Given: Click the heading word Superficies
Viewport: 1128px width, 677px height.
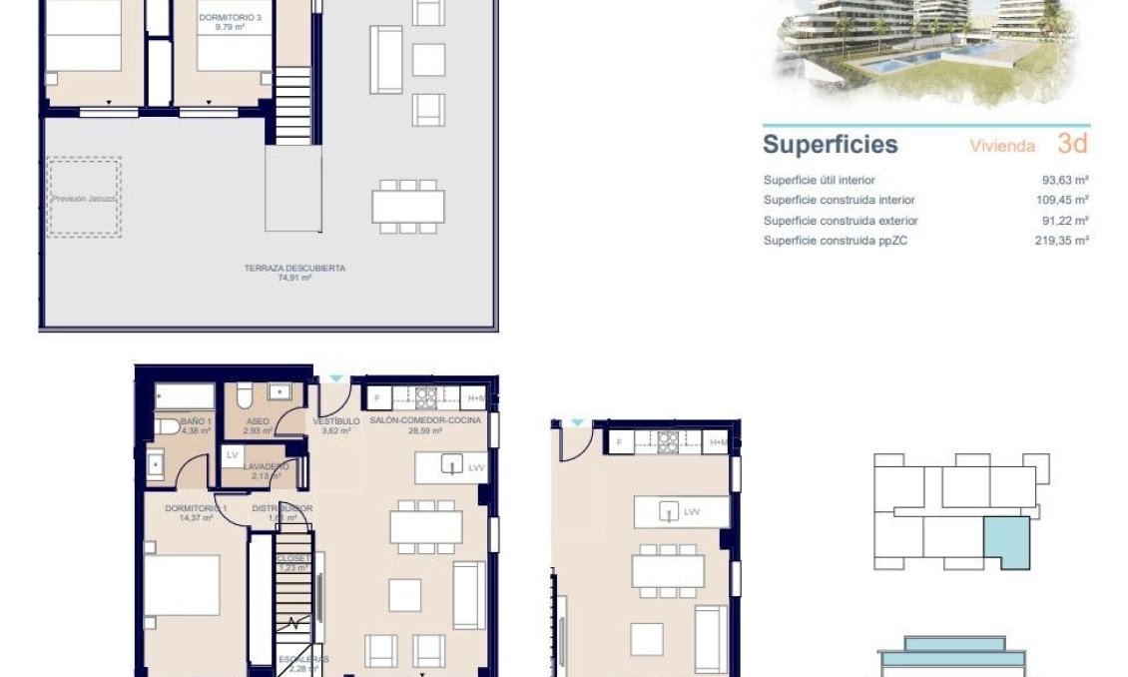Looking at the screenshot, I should click(x=830, y=144).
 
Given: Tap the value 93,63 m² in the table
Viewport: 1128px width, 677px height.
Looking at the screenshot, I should click(x=1063, y=181).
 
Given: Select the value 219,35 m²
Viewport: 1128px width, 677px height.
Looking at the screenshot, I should click(x=1061, y=241).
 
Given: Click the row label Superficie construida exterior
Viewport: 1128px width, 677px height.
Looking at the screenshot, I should click(x=840, y=221).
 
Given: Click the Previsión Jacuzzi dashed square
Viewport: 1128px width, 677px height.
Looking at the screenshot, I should click(x=84, y=197).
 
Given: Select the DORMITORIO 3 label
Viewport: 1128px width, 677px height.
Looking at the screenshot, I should click(x=222, y=18).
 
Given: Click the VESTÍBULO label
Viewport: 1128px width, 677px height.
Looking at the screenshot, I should click(x=335, y=421).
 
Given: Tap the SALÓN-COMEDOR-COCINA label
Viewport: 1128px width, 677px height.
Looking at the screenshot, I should click(x=425, y=421).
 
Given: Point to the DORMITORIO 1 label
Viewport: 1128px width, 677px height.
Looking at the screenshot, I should click(x=196, y=508).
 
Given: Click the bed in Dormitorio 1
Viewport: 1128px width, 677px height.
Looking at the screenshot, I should click(x=182, y=585).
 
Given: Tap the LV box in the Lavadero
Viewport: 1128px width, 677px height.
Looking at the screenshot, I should click(x=232, y=455).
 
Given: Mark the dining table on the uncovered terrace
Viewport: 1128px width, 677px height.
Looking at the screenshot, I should click(x=408, y=206).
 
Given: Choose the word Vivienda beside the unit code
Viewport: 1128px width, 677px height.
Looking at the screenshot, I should click(x=1002, y=146).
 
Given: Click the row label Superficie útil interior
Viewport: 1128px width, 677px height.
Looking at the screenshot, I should click(x=819, y=181).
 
